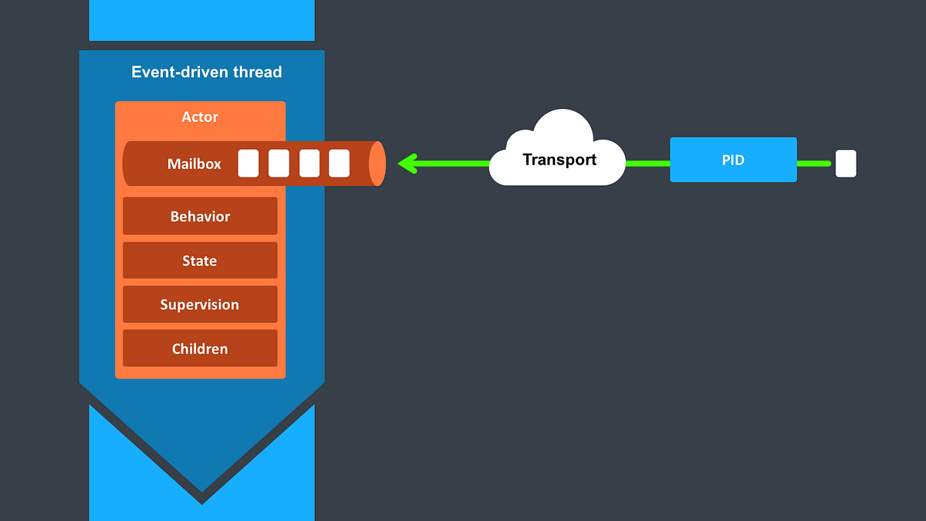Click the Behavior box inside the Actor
click(200, 216)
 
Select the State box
click(200, 261)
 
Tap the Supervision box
click(200, 305)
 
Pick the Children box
click(200, 349)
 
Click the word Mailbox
click(194, 164)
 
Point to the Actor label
click(200, 117)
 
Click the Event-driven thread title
click(207, 73)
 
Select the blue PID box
click(733, 160)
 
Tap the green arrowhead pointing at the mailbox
click(406, 164)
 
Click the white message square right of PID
click(846, 164)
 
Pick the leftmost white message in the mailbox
click(248, 164)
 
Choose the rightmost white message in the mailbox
click(339, 164)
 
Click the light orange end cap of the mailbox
click(377, 164)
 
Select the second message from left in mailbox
click(279, 164)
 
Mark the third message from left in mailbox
click(309, 164)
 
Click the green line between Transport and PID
click(647, 164)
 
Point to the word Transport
click(559, 161)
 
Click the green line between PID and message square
click(814, 164)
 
